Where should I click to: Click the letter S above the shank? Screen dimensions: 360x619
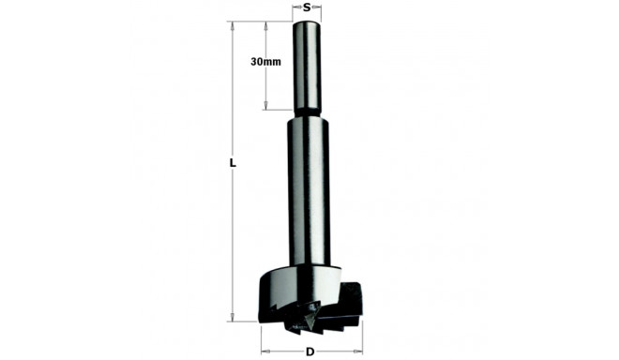[307, 7]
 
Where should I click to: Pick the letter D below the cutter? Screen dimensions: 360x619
[309, 352]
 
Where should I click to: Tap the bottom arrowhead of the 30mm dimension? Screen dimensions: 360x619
[267, 108]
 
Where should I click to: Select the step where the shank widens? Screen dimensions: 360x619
[309, 114]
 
